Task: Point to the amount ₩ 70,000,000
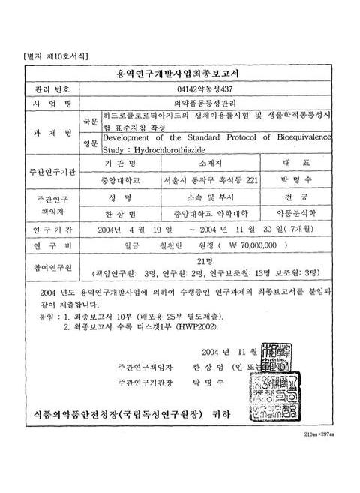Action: pos(257,245)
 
